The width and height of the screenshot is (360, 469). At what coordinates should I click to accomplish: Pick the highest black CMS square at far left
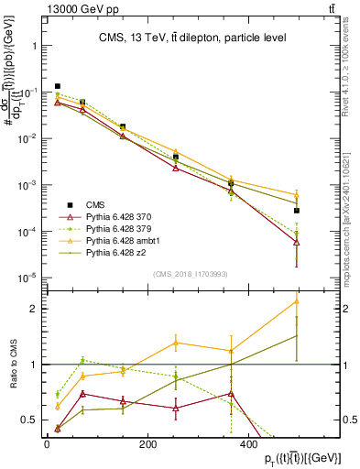click(58, 86)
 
